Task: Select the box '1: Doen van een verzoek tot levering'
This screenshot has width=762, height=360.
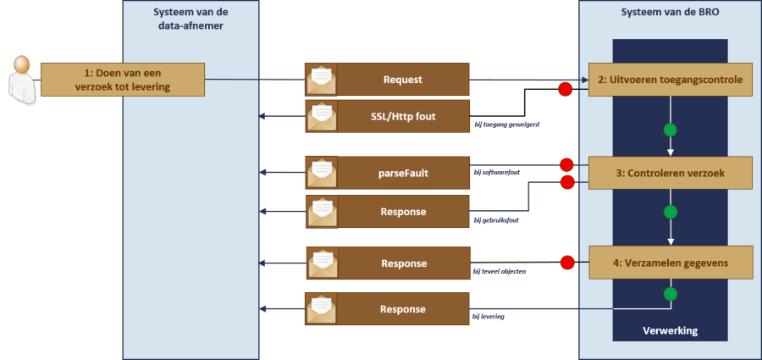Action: [123, 80]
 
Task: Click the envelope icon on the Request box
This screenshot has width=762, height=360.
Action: [322, 80]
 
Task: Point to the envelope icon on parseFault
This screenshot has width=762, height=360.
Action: [322, 172]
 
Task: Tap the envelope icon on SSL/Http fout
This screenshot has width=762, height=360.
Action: [322, 116]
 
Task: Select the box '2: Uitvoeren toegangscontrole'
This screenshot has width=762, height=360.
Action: [670, 80]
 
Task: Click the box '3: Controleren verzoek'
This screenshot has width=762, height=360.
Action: [670, 173]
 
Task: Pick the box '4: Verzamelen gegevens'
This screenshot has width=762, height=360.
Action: [670, 262]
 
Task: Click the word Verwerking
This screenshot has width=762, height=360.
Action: [671, 330]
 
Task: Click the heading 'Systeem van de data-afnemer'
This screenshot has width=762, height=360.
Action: [190, 19]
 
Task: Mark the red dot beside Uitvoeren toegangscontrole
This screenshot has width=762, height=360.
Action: [565, 88]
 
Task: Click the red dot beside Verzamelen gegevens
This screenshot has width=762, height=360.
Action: [566, 262]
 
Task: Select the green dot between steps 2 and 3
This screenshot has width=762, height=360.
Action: [671, 130]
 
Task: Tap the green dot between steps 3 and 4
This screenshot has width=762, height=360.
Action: [671, 211]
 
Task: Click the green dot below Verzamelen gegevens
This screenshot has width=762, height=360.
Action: [671, 294]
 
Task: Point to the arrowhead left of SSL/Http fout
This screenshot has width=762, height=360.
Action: [264, 116]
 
